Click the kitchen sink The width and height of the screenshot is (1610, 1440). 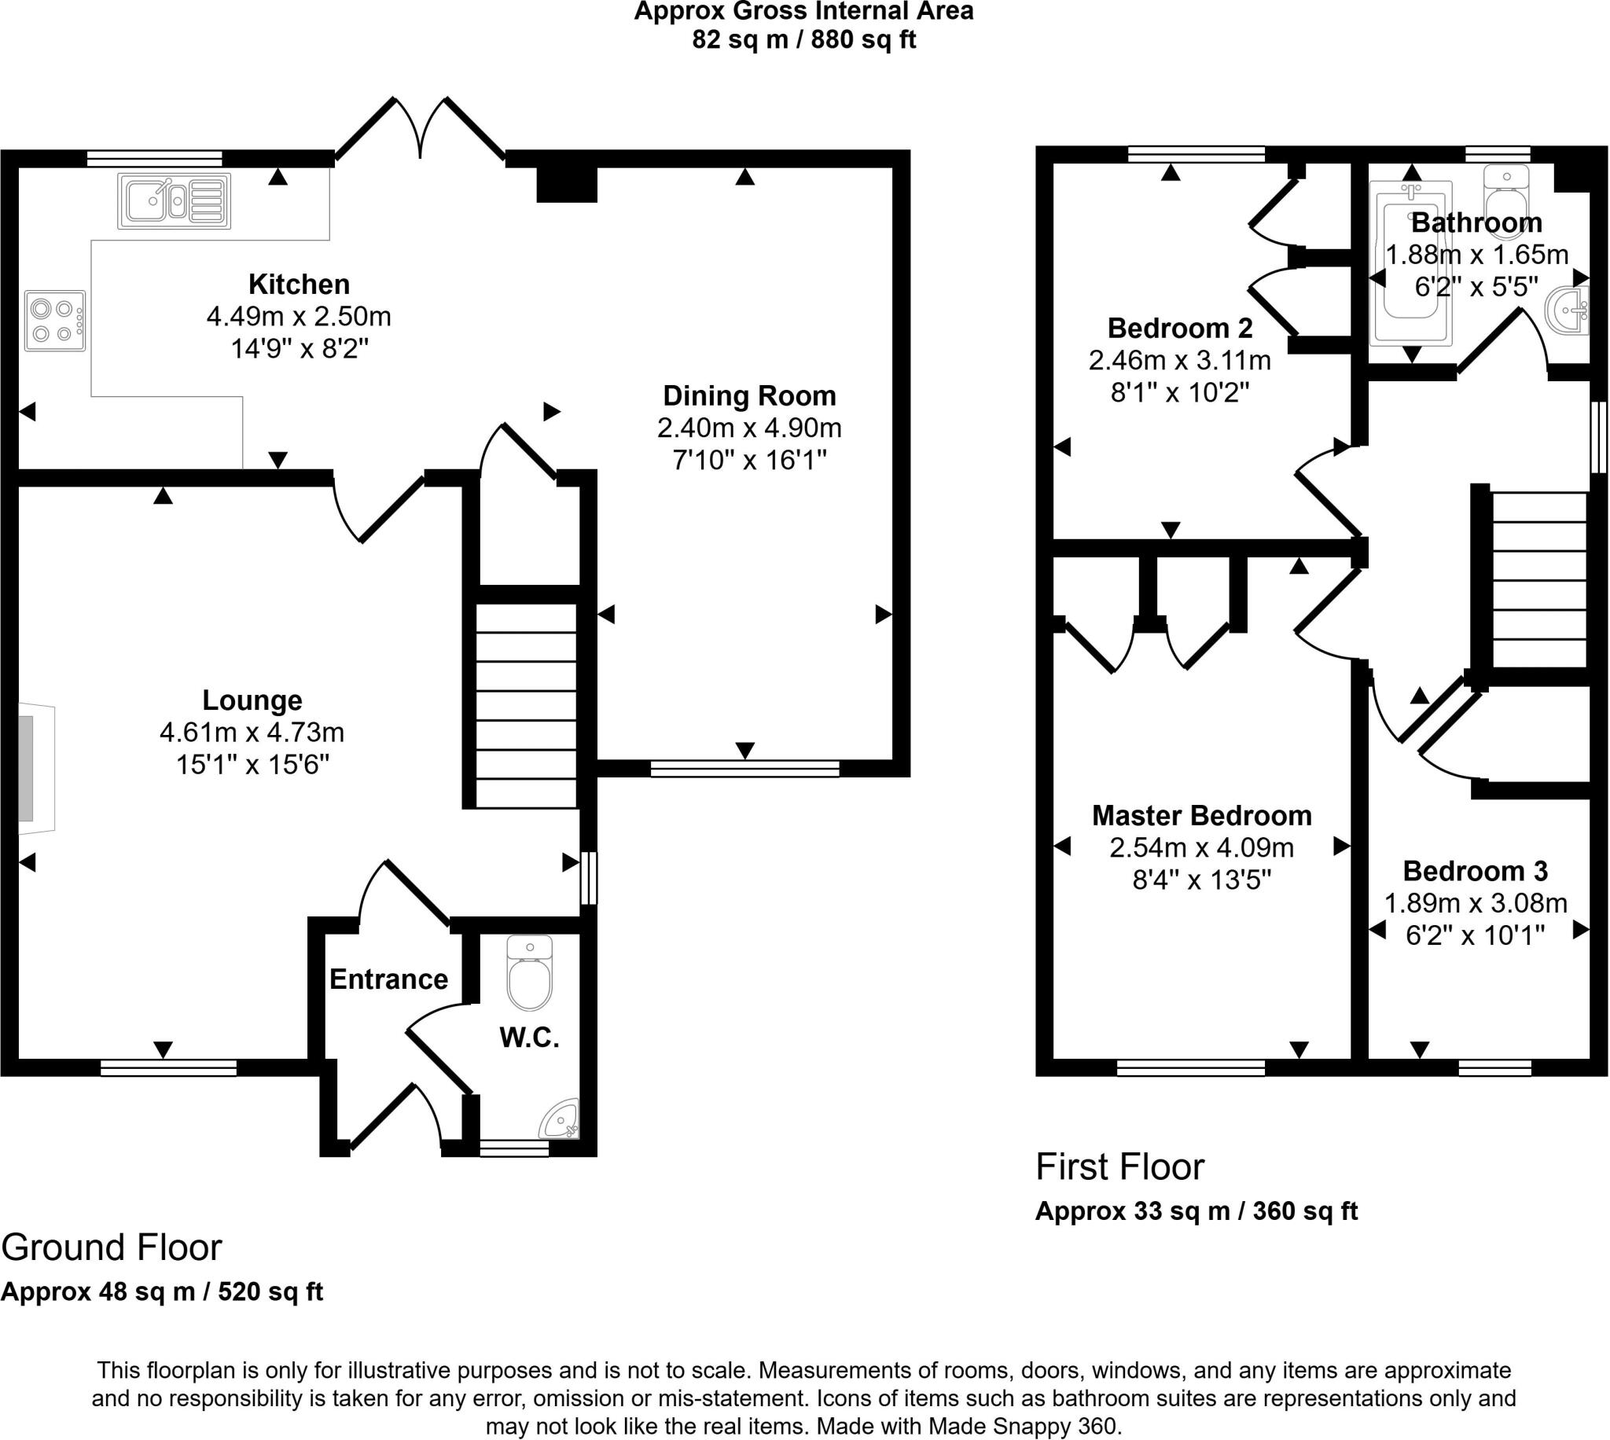(x=174, y=202)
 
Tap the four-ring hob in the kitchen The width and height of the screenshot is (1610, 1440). (x=54, y=321)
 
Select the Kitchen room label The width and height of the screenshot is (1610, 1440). (x=299, y=284)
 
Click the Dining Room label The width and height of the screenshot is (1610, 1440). (x=749, y=395)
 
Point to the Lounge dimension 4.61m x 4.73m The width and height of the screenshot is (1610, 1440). (x=252, y=733)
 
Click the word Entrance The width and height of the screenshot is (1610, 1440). (x=388, y=979)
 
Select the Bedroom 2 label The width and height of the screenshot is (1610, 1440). (x=1180, y=328)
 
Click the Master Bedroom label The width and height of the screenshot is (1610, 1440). (x=1202, y=815)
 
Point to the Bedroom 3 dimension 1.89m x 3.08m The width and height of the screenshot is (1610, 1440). (x=1476, y=903)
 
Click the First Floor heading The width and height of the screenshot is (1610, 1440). (x=1119, y=1167)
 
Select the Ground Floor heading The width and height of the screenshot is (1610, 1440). (x=112, y=1247)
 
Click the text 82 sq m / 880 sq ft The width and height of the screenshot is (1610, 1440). (x=803, y=39)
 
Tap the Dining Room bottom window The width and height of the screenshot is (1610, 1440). (x=744, y=768)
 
